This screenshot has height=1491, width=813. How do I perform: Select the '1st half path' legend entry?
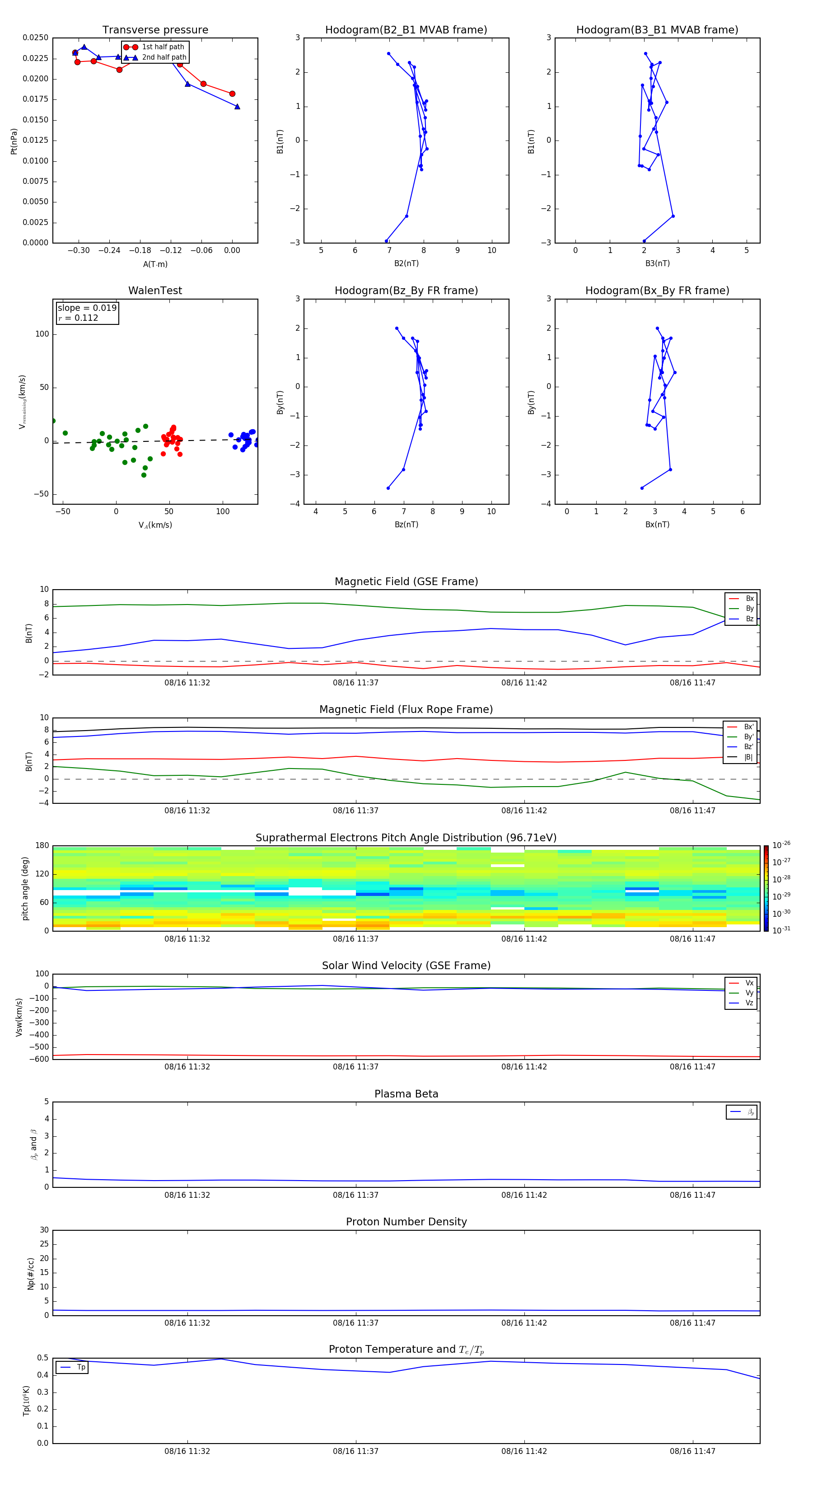[163, 47]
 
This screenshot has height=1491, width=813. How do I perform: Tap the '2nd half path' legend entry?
[164, 57]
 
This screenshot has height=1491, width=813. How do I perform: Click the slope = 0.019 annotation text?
[87, 308]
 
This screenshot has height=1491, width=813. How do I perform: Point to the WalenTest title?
[155, 291]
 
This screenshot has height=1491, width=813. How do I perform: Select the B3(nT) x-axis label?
[657, 263]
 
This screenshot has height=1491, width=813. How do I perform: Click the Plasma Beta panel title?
[406, 1094]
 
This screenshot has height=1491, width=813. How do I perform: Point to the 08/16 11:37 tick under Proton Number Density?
[355, 1322]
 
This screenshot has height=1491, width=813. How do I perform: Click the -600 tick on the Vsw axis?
[38, 1059]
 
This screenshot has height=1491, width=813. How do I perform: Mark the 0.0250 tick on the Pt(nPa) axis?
[35, 38]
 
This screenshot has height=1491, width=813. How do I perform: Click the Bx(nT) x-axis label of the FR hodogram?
[657, 525]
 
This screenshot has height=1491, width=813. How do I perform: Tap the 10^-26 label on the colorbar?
[781, 845]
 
